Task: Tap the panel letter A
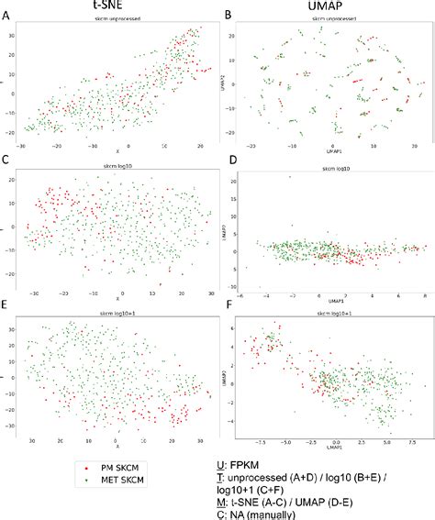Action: coord(6,15)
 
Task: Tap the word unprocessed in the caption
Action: coord(278,481)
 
